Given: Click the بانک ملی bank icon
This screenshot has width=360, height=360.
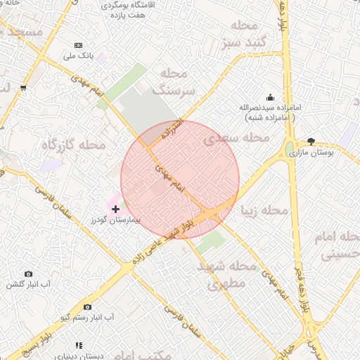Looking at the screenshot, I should tap(77, 45).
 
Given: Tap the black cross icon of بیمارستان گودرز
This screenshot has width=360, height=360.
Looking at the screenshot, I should tap(116, 210).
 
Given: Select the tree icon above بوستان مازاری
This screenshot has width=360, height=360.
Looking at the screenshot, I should tap(311, 141).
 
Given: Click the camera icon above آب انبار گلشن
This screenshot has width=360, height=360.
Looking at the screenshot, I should tap(29, 274).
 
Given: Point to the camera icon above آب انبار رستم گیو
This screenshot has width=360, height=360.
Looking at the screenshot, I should tap(87, 307).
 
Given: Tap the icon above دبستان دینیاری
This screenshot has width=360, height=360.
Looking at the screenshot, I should tap(79, 345).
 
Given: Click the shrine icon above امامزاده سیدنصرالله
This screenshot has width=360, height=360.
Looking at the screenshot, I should tap(270, 98).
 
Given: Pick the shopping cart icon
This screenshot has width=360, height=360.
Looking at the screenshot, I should tap(24, 88).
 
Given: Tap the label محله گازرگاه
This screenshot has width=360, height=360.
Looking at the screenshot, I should tap(73, 144).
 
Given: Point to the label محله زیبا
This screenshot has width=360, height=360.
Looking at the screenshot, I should tap(264, 210).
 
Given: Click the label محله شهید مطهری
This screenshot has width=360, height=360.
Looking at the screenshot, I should tap(226, 275).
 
